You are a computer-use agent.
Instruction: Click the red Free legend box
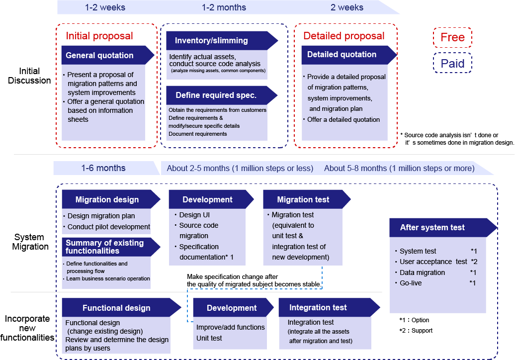coord(452,37)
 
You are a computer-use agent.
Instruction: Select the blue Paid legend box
coord(452,63)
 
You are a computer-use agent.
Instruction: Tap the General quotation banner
coord(108,55)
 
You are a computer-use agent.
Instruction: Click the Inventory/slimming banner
coord(222,41)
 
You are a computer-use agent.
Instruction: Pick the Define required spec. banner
coord(222,95)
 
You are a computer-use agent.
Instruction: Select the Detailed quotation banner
coord(349,55)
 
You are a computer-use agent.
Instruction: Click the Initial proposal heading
coord(99,36)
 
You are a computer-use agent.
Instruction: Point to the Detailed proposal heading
coord(344,36)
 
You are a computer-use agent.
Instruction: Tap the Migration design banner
coord(111,199)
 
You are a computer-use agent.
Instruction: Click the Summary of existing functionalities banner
coord(111,247)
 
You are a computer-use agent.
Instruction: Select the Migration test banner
coord(307,199)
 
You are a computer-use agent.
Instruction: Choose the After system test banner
coord(443,228)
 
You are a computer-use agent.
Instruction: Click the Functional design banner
coord(121,307)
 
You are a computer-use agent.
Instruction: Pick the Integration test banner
coord(330,307)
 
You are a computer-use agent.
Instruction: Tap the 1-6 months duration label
coord(103,168)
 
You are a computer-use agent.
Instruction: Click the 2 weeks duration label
coord(347,7)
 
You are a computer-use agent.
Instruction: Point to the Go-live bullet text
coord(411,283)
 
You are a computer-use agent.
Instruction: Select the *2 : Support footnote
coord(416,331)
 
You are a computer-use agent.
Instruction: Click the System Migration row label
coord(30,242)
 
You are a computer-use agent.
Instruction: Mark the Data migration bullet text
coord(422,272)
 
